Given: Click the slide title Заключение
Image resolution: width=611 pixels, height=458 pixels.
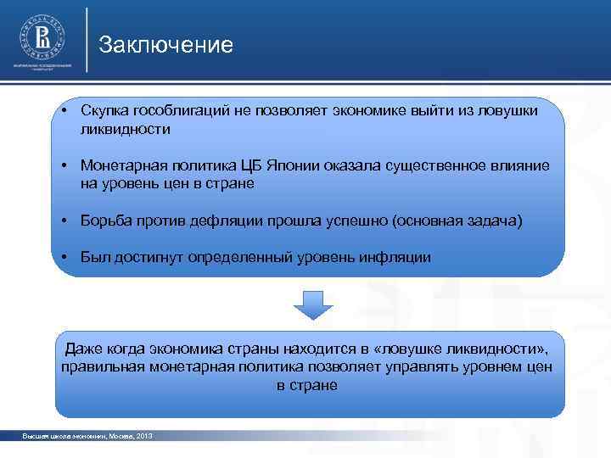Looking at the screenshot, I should [165, 45].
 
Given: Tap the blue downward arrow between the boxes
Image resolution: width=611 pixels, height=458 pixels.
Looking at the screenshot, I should [313, 304].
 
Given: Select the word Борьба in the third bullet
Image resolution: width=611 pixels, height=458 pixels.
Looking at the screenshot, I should [104, 221].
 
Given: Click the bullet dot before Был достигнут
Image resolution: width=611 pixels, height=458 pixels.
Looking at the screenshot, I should [64, 257].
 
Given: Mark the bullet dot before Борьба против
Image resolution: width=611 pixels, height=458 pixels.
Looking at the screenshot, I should [64, 221].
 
